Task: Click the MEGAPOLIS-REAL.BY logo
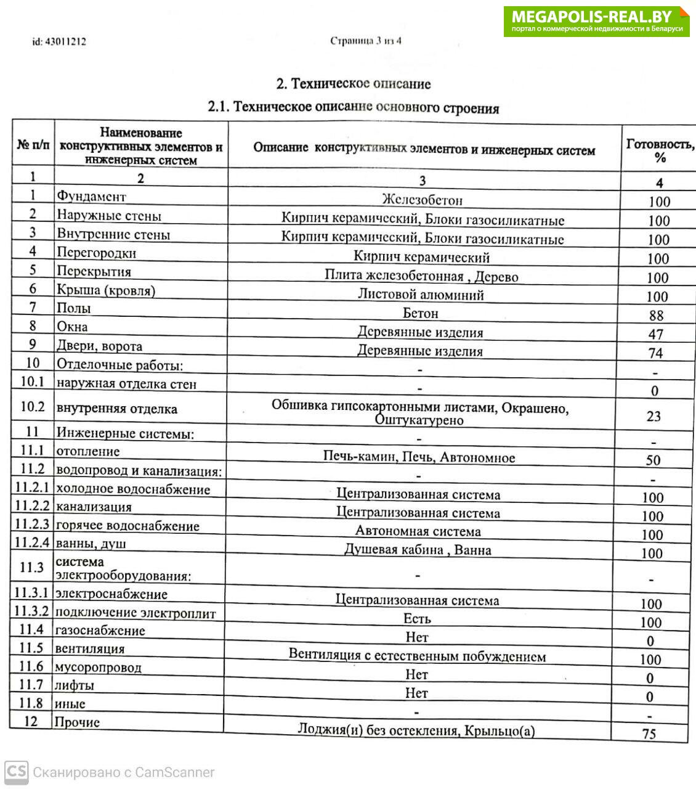(596, 22)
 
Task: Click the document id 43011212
(59, 42)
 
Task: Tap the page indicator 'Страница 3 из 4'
(366, 41)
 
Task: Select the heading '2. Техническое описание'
(353, 84)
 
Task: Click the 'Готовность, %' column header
(660, 150)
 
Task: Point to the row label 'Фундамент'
(91, 197)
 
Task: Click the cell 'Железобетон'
(422, 200)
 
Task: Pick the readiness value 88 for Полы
(657, 316)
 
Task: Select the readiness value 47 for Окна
(656, 334)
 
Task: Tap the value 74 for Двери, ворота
(655, 353)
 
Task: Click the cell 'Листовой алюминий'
(421, 295)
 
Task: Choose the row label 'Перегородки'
(97, 253)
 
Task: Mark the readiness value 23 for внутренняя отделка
(654, 416)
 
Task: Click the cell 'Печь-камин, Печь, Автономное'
(419, 457)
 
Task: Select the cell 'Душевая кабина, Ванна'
(418, 550)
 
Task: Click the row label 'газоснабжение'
(100, 631)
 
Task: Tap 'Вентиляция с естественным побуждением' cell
(417, 655)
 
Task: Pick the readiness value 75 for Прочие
(649, 734)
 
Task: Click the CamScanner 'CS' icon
(16, 772)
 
